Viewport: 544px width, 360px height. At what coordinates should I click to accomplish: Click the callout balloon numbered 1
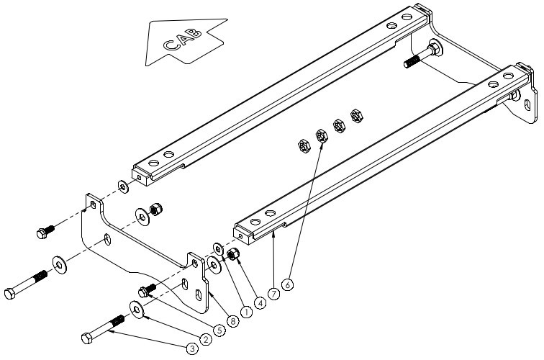(x=246, y=312)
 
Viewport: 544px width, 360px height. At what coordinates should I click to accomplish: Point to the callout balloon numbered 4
(x=259, y=303)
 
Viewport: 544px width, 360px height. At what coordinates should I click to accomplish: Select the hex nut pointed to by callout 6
(x=320, y=134)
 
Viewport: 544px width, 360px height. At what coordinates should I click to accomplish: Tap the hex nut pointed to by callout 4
(x=233, y=255)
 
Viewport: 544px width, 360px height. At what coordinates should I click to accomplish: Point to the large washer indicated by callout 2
(x=136, y=309)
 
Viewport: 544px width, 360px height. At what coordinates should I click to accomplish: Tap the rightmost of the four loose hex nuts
(x=355, y=115)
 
